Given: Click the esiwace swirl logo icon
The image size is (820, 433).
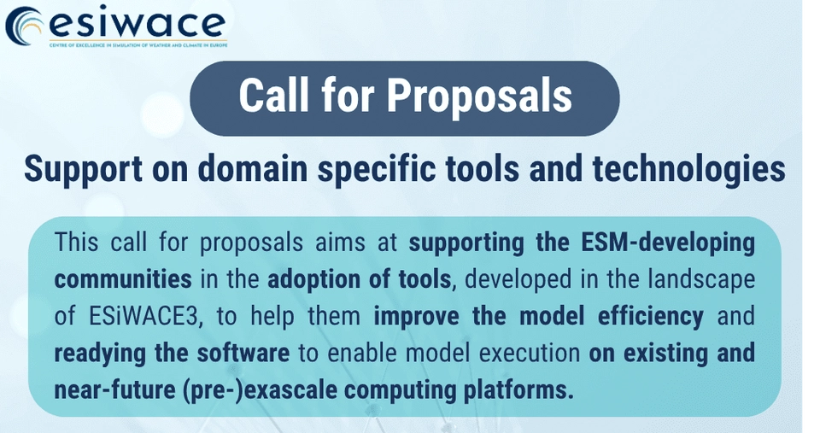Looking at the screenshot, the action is click(25, 27).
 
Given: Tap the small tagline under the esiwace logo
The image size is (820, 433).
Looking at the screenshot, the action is click(138, 45).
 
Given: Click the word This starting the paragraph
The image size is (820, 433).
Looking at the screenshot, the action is click(76, 243).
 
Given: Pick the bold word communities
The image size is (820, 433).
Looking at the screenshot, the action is click(123, 279).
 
